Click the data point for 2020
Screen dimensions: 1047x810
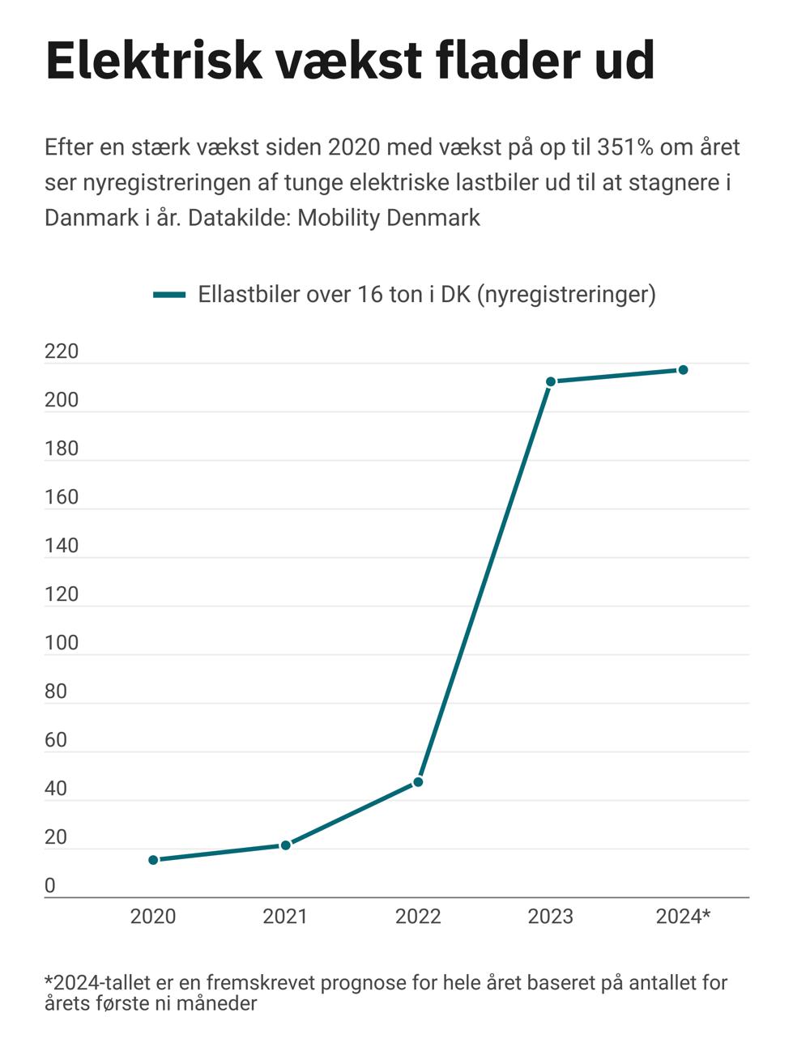tap(153, 859)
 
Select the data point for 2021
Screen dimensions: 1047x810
tap(285, 845)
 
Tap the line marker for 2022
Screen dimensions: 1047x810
tap(418, 781)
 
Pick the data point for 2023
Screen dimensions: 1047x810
tap(551, 381)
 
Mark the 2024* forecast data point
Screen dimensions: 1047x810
tap(683, 369)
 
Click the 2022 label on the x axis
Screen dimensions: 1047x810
tap(418, 916)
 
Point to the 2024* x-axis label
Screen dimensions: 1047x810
tap(683, 916)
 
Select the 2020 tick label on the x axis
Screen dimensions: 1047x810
tap(153, 916)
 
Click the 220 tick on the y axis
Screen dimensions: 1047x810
tap(62, 351)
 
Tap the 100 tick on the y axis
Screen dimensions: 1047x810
tap(62, 643)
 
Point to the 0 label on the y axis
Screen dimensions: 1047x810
tap(50, 886)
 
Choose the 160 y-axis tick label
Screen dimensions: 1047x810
tap(62, 497)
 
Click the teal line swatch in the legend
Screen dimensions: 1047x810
tap(169, 295)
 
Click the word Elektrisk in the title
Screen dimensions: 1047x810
tap(154, 60)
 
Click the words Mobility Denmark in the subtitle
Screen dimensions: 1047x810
tap(389, 218)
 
